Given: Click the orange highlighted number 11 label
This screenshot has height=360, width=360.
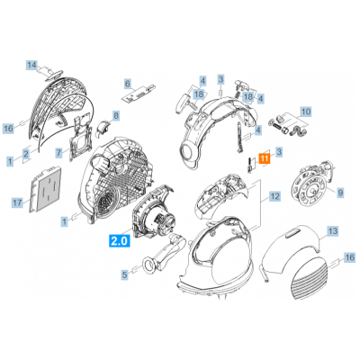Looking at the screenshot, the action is point(264,158).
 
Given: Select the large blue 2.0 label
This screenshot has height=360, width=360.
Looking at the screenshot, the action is point(120,240).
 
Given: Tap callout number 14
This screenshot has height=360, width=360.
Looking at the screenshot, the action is point(31,65).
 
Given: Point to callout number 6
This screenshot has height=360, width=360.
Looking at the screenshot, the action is point(128,84).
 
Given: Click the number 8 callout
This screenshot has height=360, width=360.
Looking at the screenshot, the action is point(116,115).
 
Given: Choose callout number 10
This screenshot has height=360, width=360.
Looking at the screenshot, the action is point(306,112).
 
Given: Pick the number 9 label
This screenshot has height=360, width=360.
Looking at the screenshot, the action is point(340,193).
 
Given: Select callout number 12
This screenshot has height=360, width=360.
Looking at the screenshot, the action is point(274,196).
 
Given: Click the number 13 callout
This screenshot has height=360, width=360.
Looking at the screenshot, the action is point(333,231).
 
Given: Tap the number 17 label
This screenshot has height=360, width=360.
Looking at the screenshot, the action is point(17,202).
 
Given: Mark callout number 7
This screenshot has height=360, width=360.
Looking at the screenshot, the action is point(59,153).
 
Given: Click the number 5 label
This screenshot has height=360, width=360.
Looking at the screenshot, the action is point(124,274).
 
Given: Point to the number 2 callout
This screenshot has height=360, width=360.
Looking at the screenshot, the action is point(26,155).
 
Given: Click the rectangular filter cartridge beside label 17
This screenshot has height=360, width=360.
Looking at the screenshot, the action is point(46,190).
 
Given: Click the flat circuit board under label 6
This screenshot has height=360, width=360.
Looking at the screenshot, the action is point(139,93).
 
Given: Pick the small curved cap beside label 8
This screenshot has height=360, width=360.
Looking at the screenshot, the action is point(103,128).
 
